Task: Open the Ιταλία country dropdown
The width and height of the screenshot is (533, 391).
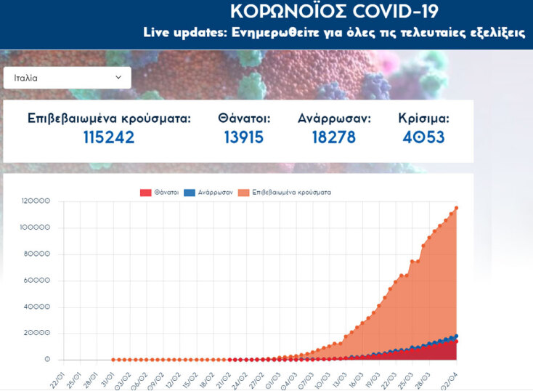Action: click(67, 78)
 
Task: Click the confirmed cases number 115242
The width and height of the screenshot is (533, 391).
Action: click(108, 137)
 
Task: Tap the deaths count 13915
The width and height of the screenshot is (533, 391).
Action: click(244, 137)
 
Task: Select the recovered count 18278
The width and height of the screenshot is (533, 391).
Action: click(333, 137)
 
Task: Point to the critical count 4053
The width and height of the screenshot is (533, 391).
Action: click(423, 137)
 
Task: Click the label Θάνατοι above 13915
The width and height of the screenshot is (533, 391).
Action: click(244, 118)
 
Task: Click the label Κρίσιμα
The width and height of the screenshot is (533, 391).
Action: click(423, 118)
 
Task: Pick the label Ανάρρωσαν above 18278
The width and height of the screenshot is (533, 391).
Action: click(333, 118)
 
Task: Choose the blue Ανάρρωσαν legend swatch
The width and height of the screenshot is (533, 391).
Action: click(190, 193)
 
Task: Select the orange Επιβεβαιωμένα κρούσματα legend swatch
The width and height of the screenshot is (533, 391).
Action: click(247, 193)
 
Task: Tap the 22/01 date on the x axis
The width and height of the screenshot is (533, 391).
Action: click(57, 379)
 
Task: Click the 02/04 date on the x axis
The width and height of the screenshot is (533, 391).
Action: click(451, 379)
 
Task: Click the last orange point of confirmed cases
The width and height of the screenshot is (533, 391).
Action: click(457, 208)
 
